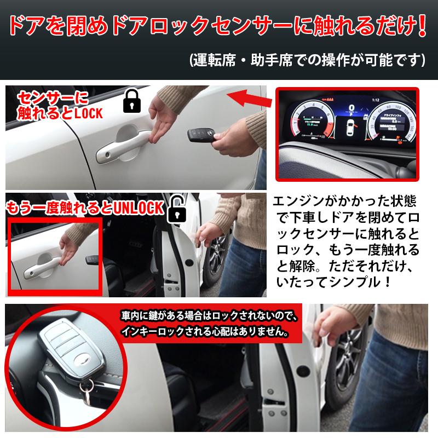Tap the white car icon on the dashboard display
click(349, 128)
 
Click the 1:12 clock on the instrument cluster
click(375, 100)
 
